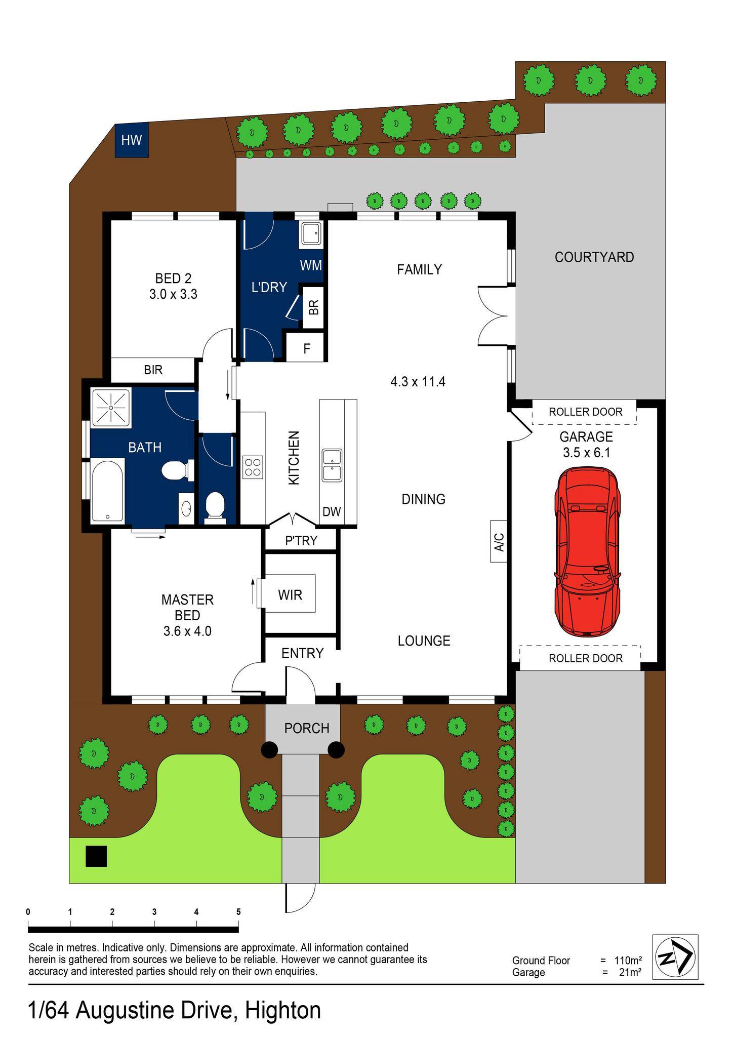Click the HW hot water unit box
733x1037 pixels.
pyautogui.click(x=132, y=140)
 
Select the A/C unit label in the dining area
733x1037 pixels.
pyautogui.click(x=499, y=541)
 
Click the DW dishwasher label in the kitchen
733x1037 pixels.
pyautogui.click(x=332, y=512)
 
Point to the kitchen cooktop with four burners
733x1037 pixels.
pyautogui.click(x=253, y=467)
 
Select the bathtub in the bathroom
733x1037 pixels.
pyautogui.click(x=108, y=491)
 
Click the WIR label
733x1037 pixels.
pyautogui.click(x=290, y=595)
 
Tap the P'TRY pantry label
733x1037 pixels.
pyautogui.click(x=301, y=541)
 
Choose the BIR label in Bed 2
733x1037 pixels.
pyautogui.click(x=153, y=370)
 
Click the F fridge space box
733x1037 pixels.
pyautogui.click(x=306, y=348)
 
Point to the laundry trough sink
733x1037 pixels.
pyautogui.click(x=311, y=234)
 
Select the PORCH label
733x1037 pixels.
pyautogui.click(x=307, y=728)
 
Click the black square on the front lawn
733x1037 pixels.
pyautogui.click(x=96, y=856)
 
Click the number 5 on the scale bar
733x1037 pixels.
pyautogui.click(x=238, y=912)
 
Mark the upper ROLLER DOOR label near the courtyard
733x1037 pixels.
pyautogui.click(x=585, y=412)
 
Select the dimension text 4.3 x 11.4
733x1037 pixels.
pyautogui.click(x=418, y=382)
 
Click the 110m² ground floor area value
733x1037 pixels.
pyautogui.click(x=628, y=960)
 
